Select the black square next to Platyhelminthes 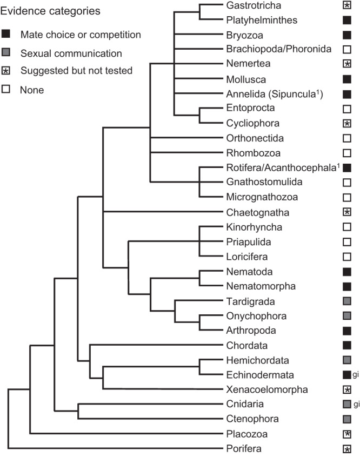tap(348, 21)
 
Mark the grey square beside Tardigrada tap(348, 301)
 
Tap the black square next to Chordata tap(348, 345)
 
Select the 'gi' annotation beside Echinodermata tap(356, 373)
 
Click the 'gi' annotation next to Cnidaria tap(356, 403)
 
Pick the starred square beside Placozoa tap(348, 433)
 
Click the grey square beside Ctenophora tap(348, 418)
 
